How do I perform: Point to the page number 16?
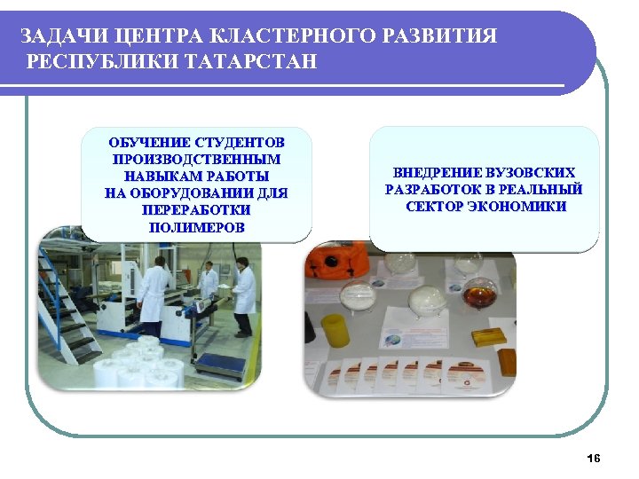(594, 458)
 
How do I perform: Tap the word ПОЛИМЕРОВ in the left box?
(196, 228)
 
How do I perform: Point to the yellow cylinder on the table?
(334, 332)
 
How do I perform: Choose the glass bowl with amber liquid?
(480, 292)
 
